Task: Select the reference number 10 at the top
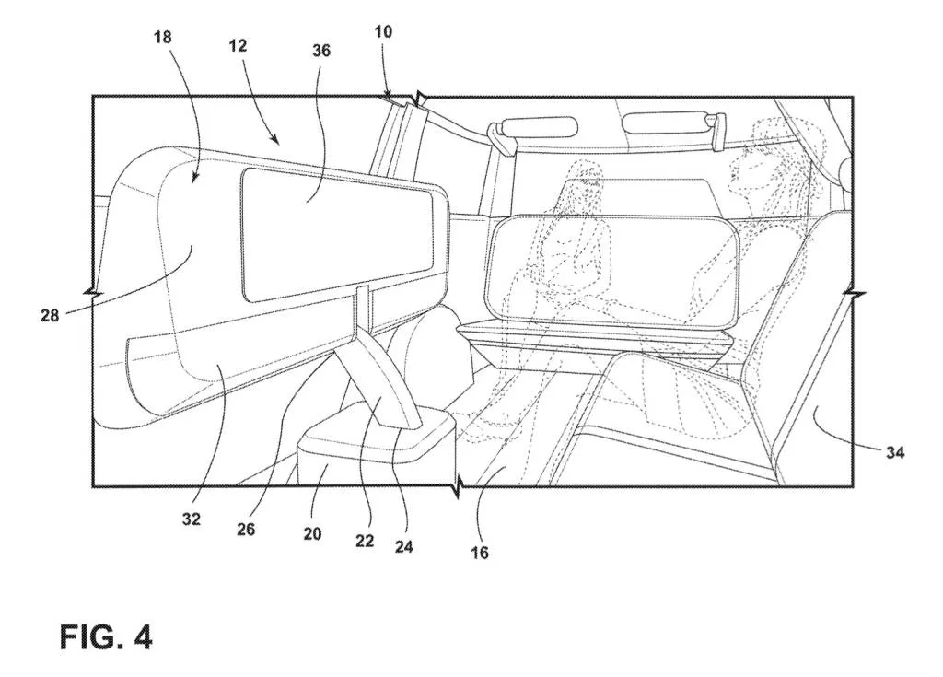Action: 383,31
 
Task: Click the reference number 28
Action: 50,315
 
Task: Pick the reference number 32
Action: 191,519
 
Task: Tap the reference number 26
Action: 246,530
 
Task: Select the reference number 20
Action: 312,533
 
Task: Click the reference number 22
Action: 365,541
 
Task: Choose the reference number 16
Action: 480,553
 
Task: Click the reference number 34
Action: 894,452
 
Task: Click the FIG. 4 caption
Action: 106,636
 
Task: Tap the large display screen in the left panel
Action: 336,235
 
